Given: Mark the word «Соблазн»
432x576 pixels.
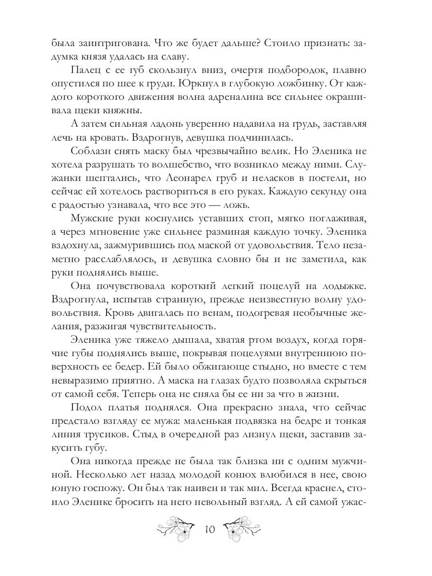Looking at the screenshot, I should click(x=92, y=150).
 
